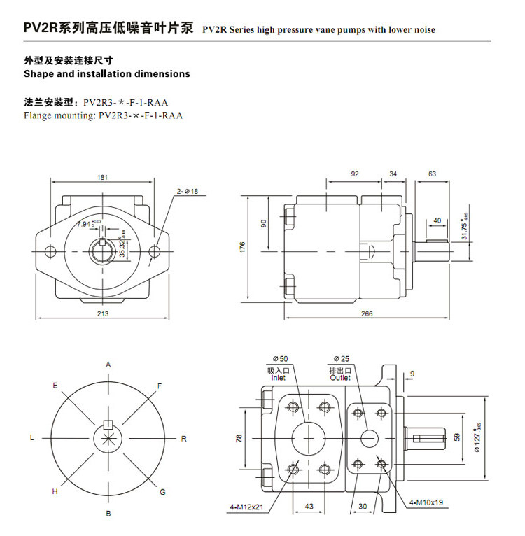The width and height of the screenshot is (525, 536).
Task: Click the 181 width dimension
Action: (103, 177)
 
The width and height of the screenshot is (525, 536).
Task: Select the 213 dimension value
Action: (103, 314)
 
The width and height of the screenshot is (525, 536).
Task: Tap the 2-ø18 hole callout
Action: (188, 191)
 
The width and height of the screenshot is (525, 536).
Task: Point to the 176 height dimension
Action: (242, 246)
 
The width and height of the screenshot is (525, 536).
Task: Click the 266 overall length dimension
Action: (366, 314)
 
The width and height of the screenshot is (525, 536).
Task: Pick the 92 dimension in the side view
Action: (355, 174)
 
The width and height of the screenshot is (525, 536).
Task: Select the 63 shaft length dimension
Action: (432, 174)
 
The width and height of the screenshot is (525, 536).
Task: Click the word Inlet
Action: (279, 378)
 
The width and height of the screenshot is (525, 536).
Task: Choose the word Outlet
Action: (340, 378)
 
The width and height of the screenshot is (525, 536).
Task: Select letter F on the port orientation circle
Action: (160, 386)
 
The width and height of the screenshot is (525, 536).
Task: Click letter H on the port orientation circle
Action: (55, 492)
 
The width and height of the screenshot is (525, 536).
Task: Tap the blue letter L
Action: (31, 438)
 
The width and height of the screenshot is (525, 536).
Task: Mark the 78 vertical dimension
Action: (239, 438)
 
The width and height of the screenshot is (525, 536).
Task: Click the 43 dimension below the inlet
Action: (308, 506)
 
